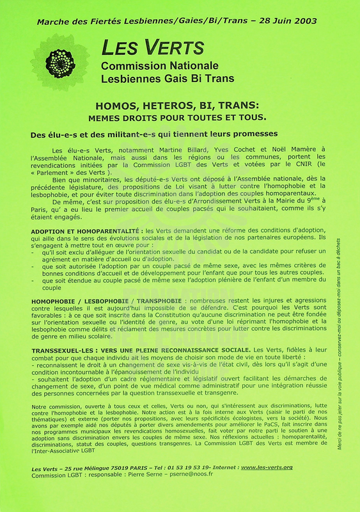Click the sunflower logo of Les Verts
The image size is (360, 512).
(61, 62)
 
